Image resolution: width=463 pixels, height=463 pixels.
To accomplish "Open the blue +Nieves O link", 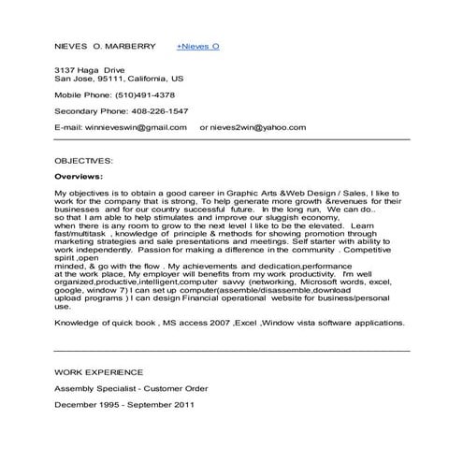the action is [197, 45].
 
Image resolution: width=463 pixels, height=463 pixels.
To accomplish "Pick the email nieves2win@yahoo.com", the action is [258, 125].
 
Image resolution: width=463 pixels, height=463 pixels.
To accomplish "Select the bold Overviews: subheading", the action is [79, 175].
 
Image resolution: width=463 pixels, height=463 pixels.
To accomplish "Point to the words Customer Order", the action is [177, 388].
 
